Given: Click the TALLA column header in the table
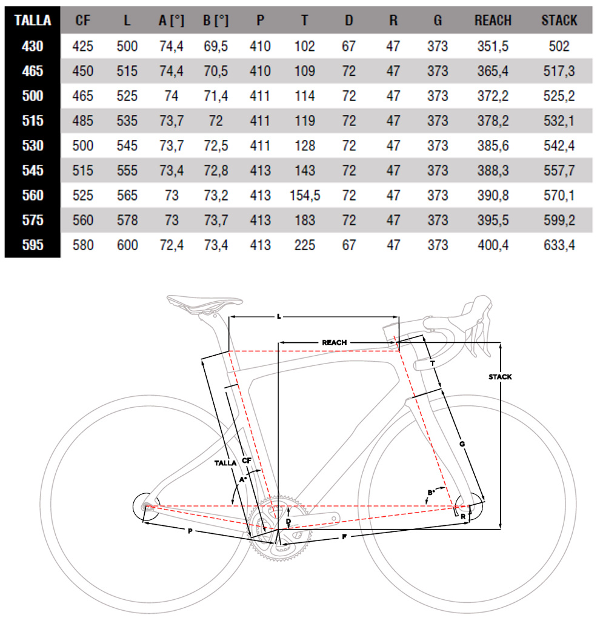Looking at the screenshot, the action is (x=32, y=20).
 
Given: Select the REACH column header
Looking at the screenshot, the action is (x=493, y=20).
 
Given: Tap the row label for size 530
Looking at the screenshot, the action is (x=32, y=145).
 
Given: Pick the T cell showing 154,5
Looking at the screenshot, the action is (x=305, y=195).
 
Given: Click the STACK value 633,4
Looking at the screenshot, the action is (x=559, y=245).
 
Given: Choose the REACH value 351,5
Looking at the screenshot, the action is (x=493, y=46).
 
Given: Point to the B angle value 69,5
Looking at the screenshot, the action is (x=216, y=46).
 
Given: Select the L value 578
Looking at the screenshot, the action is (x=127, y=221).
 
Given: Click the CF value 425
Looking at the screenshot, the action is (x=82, y=46).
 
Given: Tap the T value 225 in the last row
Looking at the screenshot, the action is (x=305, y=245).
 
